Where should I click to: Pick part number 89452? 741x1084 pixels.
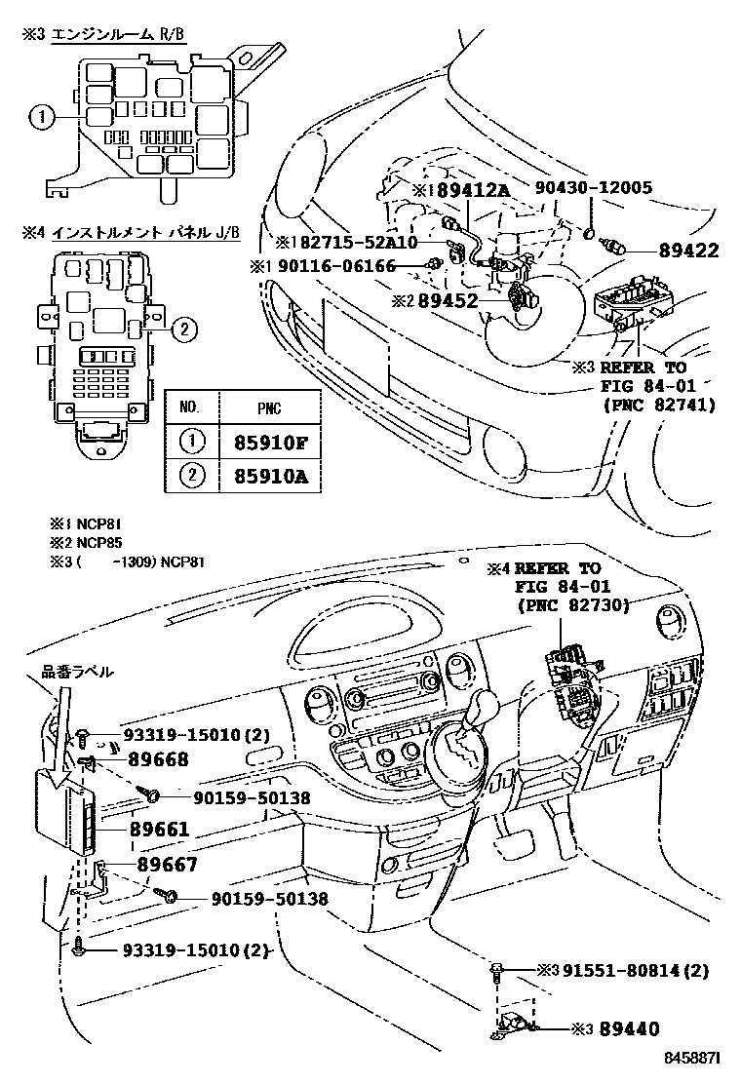(448, 301)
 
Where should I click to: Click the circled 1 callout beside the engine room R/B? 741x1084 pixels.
(39, 118)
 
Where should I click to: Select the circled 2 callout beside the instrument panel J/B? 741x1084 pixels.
(180, 329)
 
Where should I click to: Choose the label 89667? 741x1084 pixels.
(167, 865)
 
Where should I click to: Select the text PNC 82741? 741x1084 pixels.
(658, 403)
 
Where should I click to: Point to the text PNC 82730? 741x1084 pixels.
(572, 604)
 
